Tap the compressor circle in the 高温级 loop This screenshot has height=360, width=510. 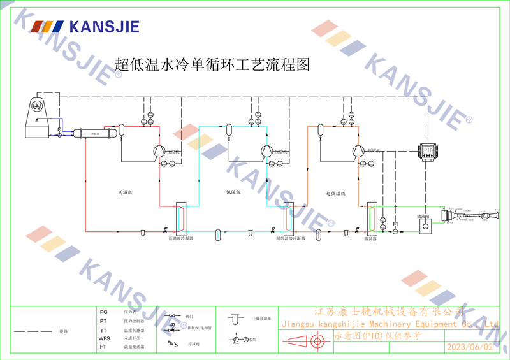(x=157, y=150)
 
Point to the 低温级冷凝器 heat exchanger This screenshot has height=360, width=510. (x=181, y=218)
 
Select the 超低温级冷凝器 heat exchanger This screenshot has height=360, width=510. (x=288, y=218)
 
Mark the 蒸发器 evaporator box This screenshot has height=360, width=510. (x=372, y=218)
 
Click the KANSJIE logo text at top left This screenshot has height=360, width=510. (x=103, y=27)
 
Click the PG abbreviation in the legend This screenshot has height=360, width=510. (x=104, y=312)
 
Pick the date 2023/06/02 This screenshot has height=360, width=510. (x=470, y=347)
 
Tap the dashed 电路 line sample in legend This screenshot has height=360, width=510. (x=33, y=332)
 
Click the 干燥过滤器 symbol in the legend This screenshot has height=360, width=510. (x=235, y=317)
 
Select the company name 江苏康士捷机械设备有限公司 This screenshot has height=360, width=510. (x=390, y=312)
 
